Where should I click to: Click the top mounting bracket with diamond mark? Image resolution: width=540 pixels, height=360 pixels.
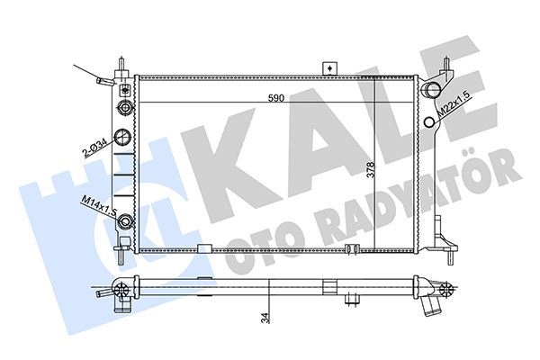330,68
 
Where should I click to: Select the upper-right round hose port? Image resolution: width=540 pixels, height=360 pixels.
431,90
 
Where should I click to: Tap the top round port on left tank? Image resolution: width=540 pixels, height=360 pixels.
123,105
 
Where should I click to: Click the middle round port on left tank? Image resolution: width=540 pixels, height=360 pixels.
123,138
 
